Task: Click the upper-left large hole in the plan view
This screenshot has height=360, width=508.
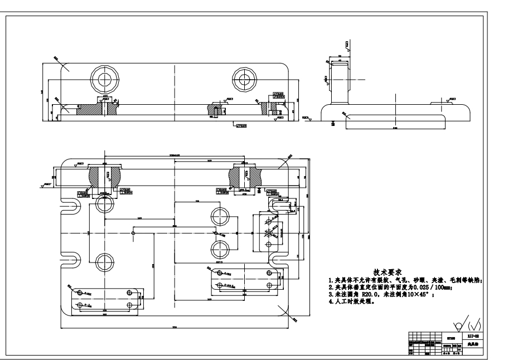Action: coord(104,205)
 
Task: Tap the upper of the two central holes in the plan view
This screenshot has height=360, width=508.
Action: coord(219,216)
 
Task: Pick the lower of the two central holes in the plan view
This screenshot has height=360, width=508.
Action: coord(219,247)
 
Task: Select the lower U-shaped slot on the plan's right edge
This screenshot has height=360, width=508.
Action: coord(277,260)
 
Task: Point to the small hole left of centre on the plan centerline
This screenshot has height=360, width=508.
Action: coord(133,232)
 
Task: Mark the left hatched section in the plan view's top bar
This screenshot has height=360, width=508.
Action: coord(104,178)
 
